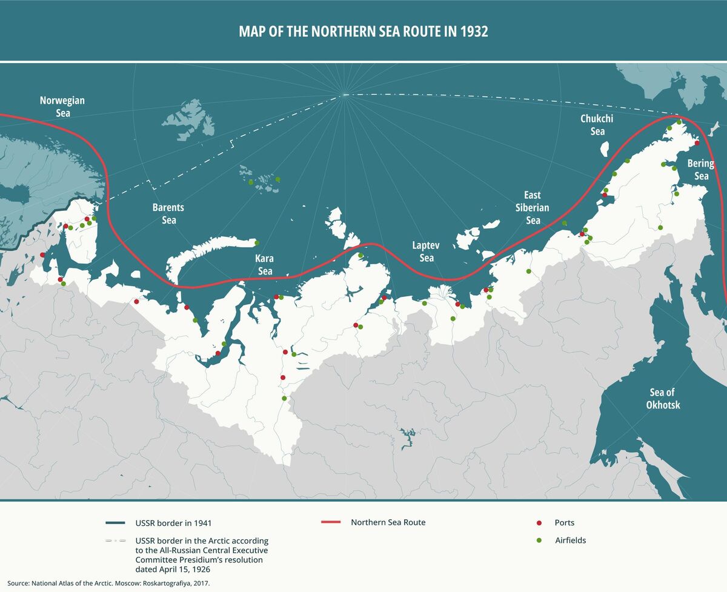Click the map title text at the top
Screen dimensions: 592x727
(363, 32)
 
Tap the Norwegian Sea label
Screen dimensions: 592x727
(62, 107)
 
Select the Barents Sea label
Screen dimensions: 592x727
(168, 213)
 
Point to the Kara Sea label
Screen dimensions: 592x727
(265, 265)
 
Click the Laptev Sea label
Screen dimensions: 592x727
(427, 251)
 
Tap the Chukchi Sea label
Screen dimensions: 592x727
(597, 125)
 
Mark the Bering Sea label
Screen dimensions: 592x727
(701, 170)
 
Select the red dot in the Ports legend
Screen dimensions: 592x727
(539, 522)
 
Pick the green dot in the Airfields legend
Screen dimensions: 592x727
(539, 540)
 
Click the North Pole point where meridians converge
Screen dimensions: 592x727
(344, 95)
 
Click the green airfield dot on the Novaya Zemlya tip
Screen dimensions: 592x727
(257, 243)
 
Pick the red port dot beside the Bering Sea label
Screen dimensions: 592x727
(697, 143)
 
